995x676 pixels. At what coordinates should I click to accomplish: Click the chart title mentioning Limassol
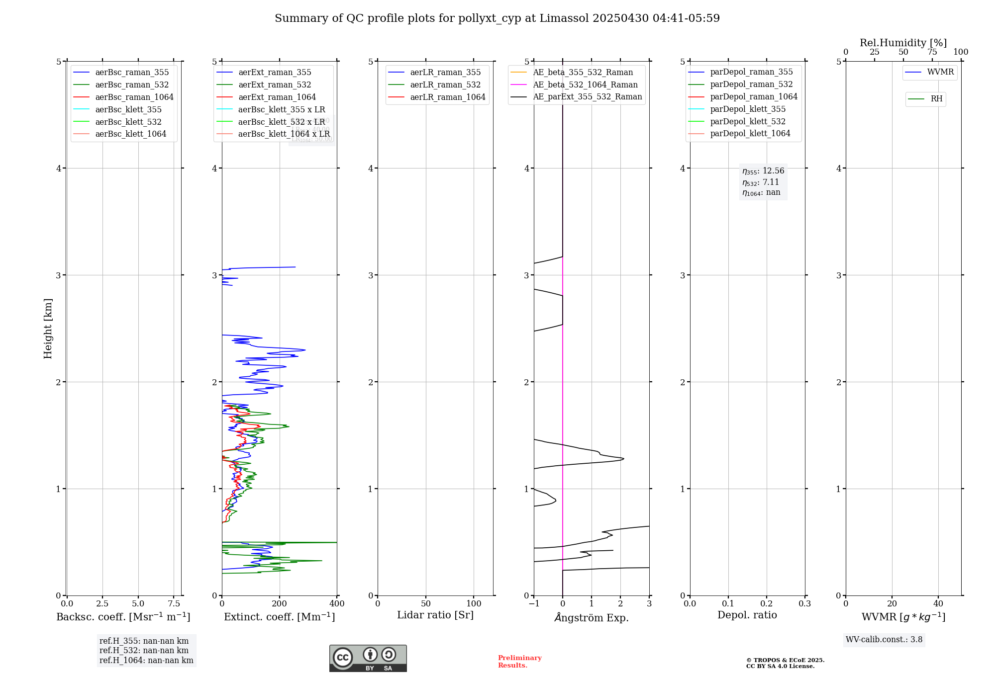point(497,18)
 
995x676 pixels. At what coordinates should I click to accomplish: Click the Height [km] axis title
point(48,328)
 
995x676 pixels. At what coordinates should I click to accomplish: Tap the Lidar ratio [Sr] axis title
point(435,615)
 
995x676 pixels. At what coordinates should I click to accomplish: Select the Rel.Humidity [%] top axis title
point(903,43)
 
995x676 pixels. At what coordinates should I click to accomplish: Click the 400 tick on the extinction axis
point(337,604)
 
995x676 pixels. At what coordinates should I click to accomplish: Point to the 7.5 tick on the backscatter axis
point(174,604)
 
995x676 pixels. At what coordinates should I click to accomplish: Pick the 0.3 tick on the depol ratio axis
point(804,604)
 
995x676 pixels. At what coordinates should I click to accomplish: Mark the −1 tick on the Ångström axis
point(534,604)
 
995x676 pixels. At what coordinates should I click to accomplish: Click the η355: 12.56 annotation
point(763,171)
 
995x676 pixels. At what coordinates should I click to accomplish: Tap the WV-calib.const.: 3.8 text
point(884,640)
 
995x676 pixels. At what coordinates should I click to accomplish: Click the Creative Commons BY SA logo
point(368,659)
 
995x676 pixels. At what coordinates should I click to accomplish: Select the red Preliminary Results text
point(519,662)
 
